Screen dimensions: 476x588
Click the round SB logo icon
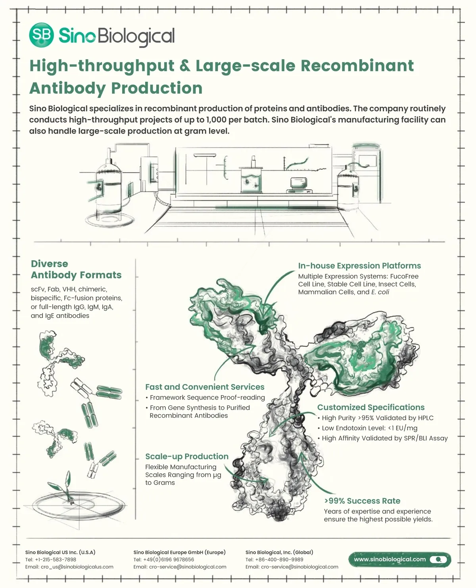coord(41,35)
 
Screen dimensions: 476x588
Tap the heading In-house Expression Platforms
coord(359,265)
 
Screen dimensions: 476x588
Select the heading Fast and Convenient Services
coord(205,387)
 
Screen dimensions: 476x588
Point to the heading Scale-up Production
coord(187,456)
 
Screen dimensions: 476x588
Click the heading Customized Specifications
coord(371,407)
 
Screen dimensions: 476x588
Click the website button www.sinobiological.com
coord(399,559)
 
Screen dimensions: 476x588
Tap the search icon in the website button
coord(438,559)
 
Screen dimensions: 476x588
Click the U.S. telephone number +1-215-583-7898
coord(56,559)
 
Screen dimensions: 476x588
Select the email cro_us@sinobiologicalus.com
coord(77,567)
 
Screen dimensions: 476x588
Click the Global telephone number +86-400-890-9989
coord(279,559)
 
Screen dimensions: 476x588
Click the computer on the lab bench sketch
coord(299,185)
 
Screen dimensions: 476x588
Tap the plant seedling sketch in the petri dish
coord(64,488)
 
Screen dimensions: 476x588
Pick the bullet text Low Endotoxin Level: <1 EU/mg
coord(369,428)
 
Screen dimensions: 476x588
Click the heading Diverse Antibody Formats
coord(76,269)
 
